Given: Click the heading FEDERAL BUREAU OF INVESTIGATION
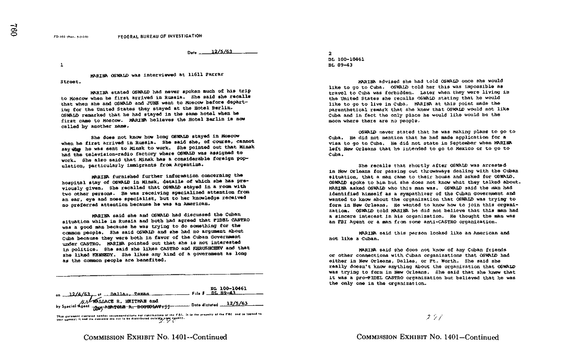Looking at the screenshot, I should click(159, 36).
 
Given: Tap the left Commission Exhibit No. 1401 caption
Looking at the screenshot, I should click(155, 337).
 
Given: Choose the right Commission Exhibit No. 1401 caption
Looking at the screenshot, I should click(428, 337).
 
